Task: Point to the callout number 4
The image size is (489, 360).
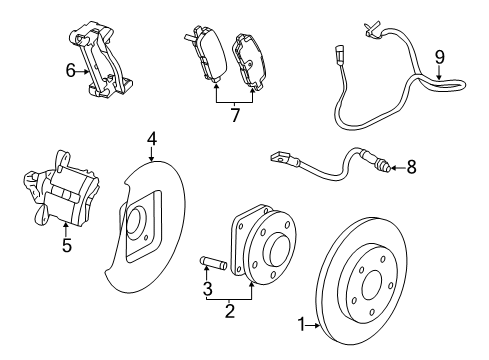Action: tap(152, 138)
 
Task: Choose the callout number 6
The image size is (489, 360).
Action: tap(71, 70)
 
